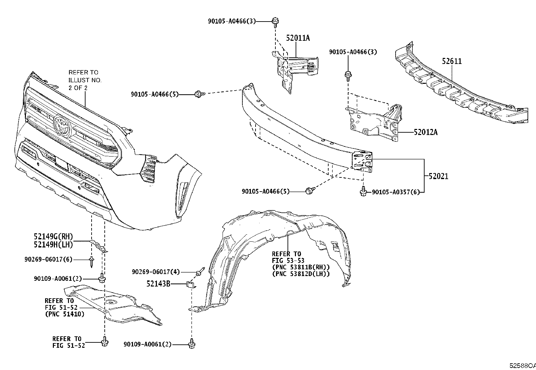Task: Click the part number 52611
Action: coord(452,61)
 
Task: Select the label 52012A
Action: coord(426,132)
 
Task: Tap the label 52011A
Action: coord(298,38)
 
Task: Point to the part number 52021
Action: coord(438,176)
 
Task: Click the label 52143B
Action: coord(158,284)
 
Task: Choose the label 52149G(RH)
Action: coord(53,237)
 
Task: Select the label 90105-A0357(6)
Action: coord(396,192)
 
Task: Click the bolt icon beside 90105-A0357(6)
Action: coord(363,191)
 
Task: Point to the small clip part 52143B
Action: coord(191,285)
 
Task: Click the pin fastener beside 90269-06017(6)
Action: coord(92,262)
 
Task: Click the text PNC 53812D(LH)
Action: coord(301,274)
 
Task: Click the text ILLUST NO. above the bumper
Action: coord(85,80)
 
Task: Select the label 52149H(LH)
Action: coord(53,245)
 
